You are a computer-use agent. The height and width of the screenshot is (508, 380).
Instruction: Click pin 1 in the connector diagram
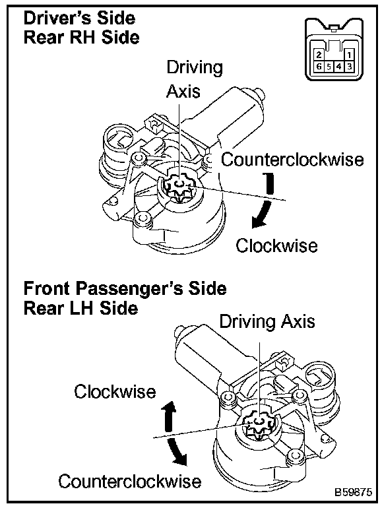point(349,55)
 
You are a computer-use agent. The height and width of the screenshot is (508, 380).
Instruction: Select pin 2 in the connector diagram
point(319,55)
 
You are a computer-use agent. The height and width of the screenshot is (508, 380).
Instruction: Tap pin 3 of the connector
point(349,67)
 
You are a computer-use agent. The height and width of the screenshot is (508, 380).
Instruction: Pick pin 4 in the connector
point(339,67)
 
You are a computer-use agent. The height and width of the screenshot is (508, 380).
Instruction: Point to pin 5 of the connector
point(329,67)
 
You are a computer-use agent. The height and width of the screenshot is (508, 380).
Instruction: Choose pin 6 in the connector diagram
point(319,67)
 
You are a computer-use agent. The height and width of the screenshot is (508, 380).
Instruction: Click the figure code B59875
point(353,492)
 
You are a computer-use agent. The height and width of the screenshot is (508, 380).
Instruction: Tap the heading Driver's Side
point(79,18)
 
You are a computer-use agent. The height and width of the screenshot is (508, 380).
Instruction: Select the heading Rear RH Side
point(81,37)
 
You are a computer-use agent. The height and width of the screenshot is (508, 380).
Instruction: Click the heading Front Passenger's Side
point(125,288)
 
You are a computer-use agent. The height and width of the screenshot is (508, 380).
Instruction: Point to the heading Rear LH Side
point(80,308)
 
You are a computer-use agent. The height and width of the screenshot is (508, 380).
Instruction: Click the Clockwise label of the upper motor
point(276,245)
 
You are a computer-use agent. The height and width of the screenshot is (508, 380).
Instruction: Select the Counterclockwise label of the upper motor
point(292,160)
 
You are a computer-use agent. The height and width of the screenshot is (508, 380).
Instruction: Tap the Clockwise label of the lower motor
point(115,391)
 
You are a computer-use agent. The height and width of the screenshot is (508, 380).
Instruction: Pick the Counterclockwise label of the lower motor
point(129,481)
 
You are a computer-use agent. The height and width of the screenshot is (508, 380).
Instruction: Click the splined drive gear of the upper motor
point(179,188)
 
